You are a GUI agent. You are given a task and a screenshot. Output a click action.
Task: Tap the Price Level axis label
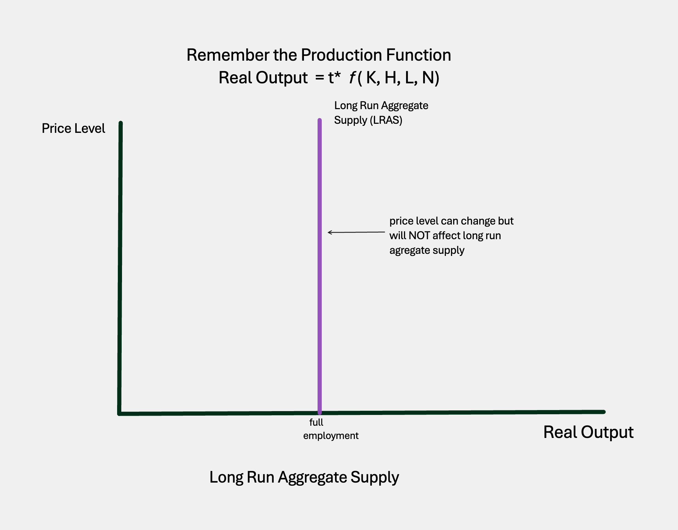pyautogui.click(x=73, y=128)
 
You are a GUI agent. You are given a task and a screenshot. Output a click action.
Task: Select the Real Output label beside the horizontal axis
pyautogui.click(x=588, y=432)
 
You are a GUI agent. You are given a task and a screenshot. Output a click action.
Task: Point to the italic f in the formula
pyautogui.click(x=352, y=77)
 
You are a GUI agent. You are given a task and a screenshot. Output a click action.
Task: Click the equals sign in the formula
pyautogui.click(x=320, y=77)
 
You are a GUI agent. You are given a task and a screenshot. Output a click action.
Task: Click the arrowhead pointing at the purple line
pyautogui.click(x=329, y=232)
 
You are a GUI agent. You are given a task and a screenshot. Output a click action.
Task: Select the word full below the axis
pyautogui.click(x=316, y=422)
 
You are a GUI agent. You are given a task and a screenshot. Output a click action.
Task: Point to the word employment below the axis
pyautogui.click(x=330, y=436)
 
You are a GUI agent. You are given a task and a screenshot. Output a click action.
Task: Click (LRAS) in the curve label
pyautogui.click(x=386, y=120)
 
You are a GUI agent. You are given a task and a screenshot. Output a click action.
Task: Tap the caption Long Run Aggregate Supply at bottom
pyautogui.click(x=304, y=477)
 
